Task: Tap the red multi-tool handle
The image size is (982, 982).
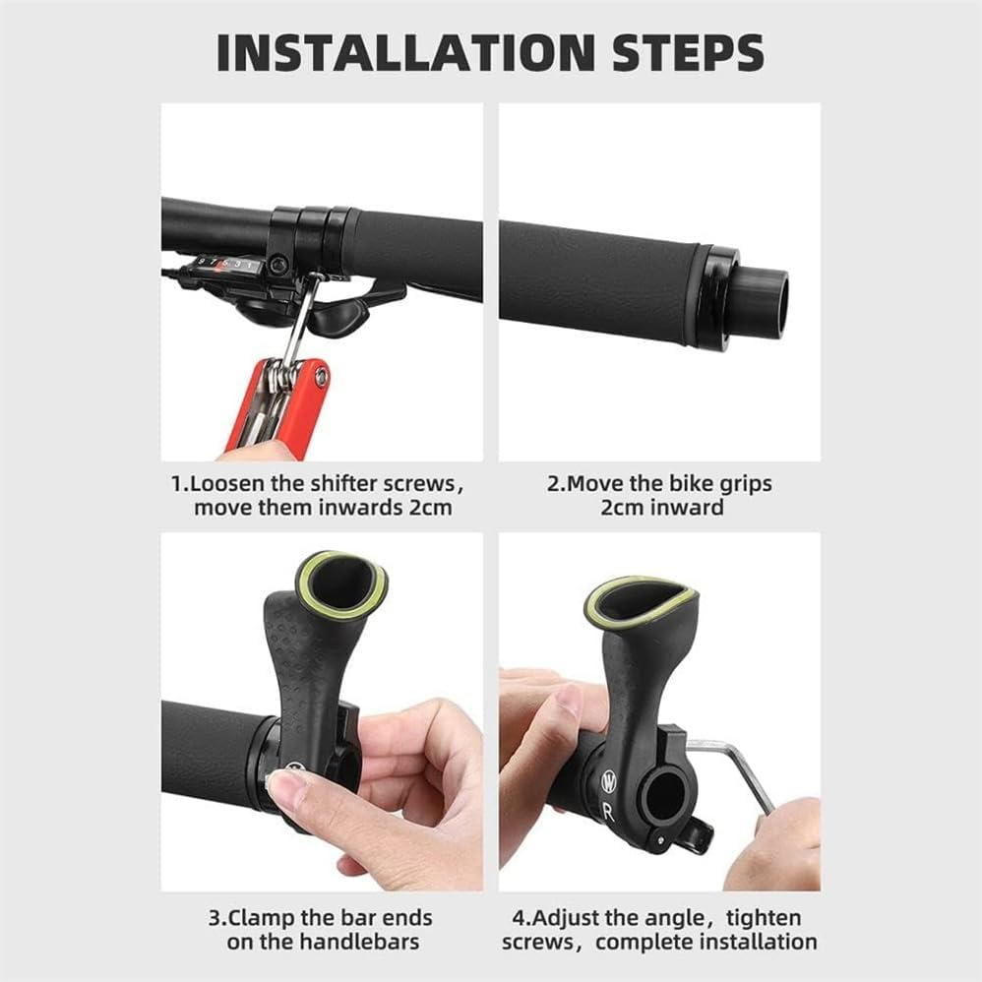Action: tap(285, 403)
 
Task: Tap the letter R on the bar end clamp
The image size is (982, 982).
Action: tap(608, 814)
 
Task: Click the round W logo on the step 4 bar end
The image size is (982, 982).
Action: tap(609, 783)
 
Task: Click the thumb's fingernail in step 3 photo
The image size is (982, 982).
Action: tap(286, 789)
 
